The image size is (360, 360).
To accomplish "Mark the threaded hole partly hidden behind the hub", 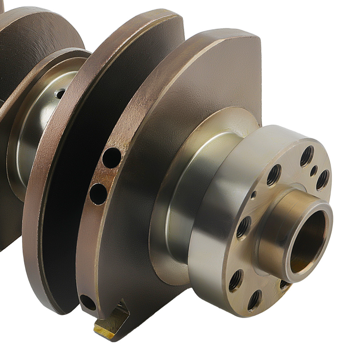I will (x=284, y=285).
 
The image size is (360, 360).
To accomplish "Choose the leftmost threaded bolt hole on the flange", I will (x=235, y=280).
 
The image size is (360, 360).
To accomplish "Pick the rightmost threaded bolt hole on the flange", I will (x=323, y=180).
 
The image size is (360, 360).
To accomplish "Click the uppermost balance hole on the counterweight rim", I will (x=112, y=158).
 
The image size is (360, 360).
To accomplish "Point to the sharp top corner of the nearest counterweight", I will (x=256, y=36).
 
